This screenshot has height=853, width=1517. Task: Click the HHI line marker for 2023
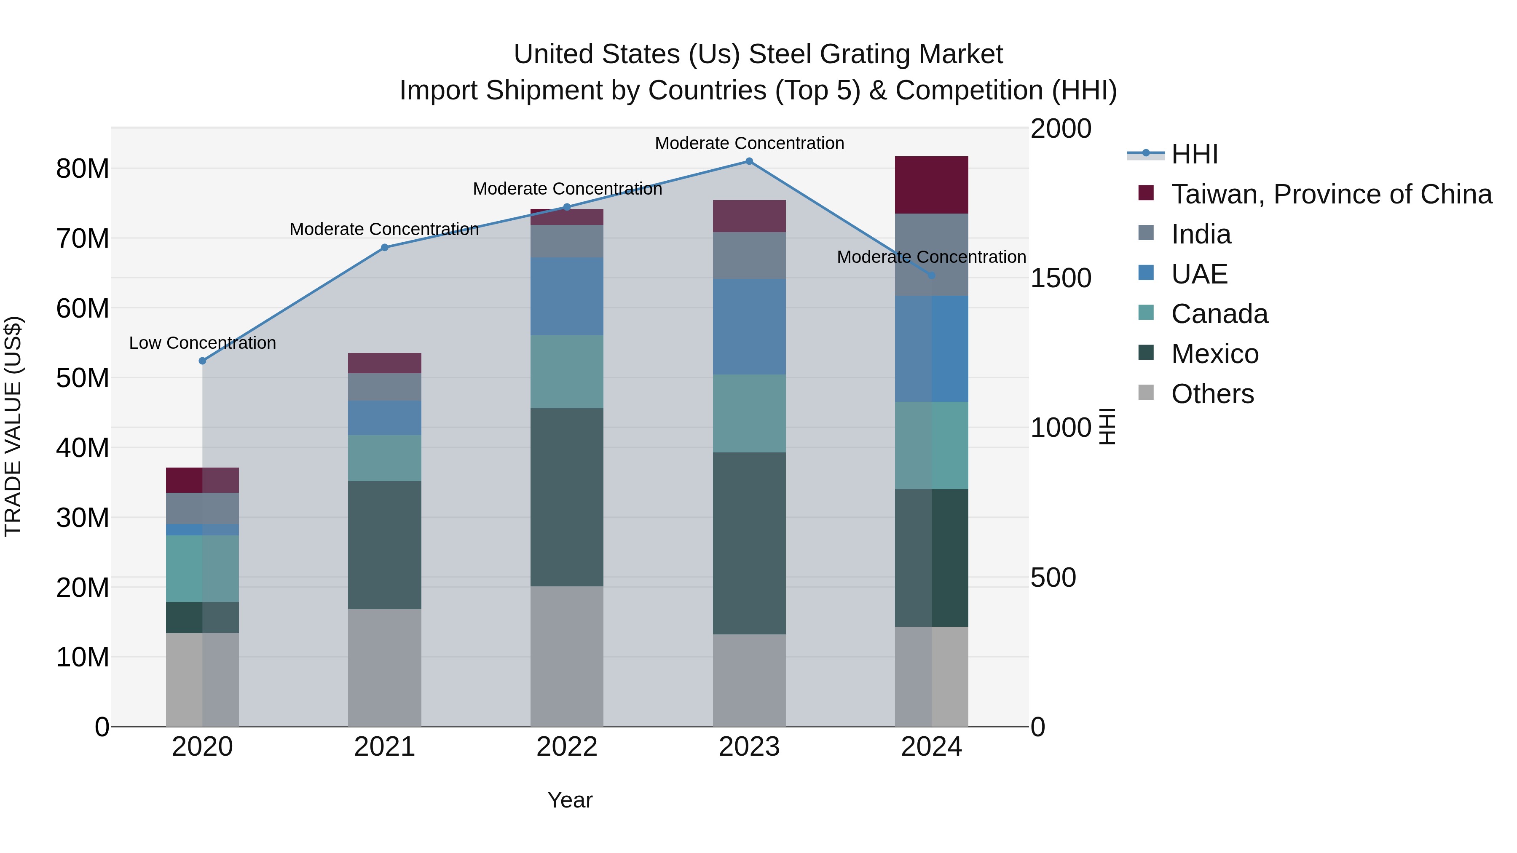[749, 161]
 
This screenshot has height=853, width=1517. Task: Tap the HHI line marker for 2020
[203, 361]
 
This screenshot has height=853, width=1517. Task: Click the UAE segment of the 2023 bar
[749, 327]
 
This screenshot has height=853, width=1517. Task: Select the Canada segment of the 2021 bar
[385, 458]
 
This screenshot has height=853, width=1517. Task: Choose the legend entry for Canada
[1219, 314]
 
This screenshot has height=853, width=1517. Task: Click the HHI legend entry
[1194, 154]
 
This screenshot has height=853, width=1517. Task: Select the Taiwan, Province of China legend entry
[1331, 194]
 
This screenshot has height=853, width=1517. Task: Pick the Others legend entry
[1212, 394]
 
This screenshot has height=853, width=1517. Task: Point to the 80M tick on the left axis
[83, 169]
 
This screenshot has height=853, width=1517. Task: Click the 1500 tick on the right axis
[1061, 278]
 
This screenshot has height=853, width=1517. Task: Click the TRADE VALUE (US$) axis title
[13, 426]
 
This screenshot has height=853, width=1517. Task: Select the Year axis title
[569, 800]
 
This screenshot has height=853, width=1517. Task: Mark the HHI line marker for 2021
[385, 248]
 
